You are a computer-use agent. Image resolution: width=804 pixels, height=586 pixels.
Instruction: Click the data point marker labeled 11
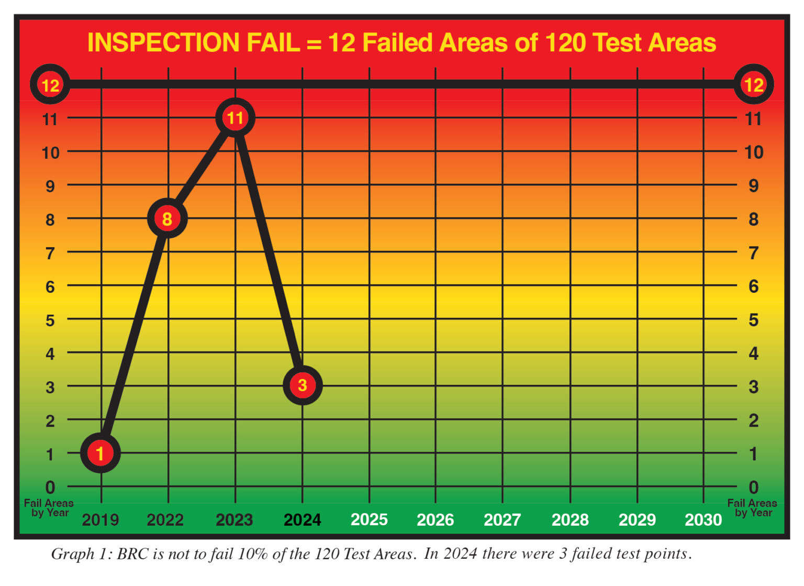(x=235, y=118)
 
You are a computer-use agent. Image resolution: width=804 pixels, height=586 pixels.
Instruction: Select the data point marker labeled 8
(x=167, y=218)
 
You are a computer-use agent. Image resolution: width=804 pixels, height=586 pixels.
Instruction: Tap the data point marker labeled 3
(x=302, y=385)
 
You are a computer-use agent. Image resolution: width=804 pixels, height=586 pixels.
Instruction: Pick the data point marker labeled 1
(x=100, y=452)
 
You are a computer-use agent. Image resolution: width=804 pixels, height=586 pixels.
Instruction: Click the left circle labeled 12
(x=50, y=85)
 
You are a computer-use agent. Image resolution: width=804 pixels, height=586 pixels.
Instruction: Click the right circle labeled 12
(x=753, y=85)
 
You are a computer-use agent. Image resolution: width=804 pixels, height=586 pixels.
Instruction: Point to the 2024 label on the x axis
(x=302, y=520)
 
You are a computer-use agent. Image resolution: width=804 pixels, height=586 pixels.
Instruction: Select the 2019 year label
(x=100, y=520)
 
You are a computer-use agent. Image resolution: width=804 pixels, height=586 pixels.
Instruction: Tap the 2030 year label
(x=703, y=520)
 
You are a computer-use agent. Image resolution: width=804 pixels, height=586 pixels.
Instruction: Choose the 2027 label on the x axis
(x=502, y=520)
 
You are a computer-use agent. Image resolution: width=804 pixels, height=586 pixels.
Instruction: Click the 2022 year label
(x=165, y=520)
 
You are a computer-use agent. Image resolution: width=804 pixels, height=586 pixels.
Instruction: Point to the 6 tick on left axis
(x=50, y=286)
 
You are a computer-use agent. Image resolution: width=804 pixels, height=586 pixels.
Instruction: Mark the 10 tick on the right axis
(x=753, y=152)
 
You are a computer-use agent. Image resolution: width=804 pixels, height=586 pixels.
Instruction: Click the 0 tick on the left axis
(x=50, y=488)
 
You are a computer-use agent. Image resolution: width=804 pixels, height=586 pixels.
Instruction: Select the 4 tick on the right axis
(x=753, y=353)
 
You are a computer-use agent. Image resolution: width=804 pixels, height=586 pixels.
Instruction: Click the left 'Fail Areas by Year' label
(x=49, y=508)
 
